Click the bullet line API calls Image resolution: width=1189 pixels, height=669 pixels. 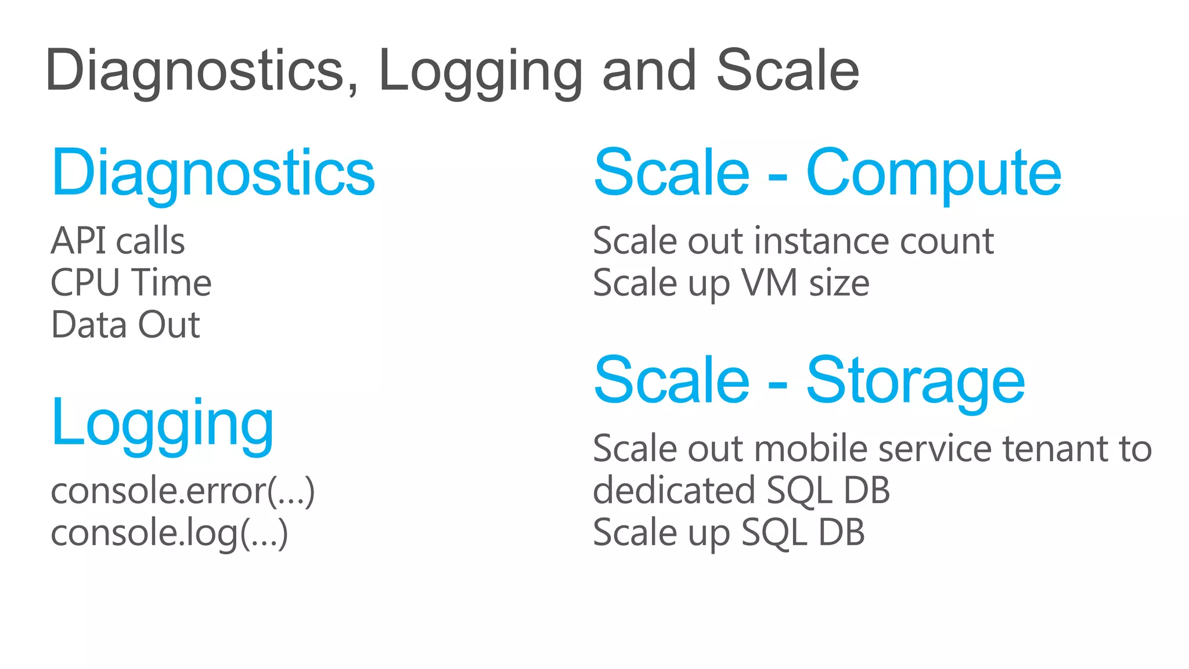click(118, 240)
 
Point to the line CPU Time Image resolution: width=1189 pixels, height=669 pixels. click(131, 283)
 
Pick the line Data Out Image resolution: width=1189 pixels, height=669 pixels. click(125, 325)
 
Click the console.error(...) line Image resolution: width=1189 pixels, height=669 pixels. click(183, 491)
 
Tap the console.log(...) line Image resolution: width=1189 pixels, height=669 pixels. click(169, 533)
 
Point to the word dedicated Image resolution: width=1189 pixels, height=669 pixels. click(673, 491)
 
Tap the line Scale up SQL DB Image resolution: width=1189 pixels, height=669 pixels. click(729, 533)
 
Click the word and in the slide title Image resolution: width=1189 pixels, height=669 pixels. click(648, 70)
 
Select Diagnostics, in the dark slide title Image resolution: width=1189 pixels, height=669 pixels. click(202, 70)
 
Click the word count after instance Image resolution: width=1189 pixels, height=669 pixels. click(946, 240)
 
